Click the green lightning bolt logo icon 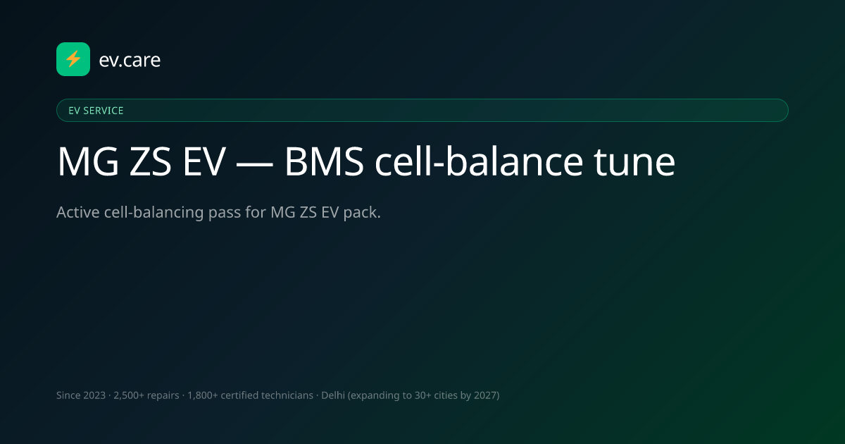(73, 59)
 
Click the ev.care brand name (130, 60)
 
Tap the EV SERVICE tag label (96, 111)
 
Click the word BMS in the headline (324, 161)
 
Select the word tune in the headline (634, 162)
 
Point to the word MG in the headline (88, 161)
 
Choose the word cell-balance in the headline (479, 161)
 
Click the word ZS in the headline (150, 161)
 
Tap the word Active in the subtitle (78, 212)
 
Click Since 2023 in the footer (81, 395)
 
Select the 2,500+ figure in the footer (129, 395)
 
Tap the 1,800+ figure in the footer (203, 395)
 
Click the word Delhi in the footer (332, 395)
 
